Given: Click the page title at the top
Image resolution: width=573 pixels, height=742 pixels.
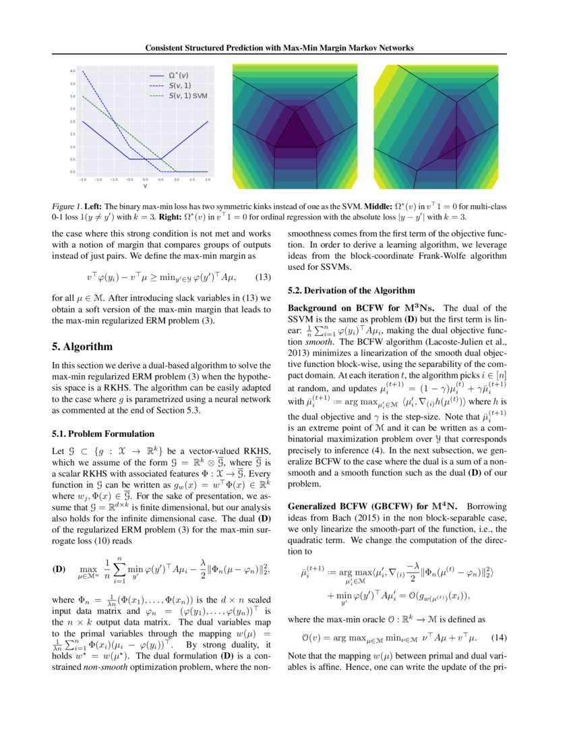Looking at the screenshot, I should pos(286,48).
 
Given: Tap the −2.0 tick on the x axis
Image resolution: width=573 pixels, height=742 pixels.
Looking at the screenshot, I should pos(83,180).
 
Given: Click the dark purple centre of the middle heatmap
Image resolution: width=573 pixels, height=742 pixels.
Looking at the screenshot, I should pos(295,128).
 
